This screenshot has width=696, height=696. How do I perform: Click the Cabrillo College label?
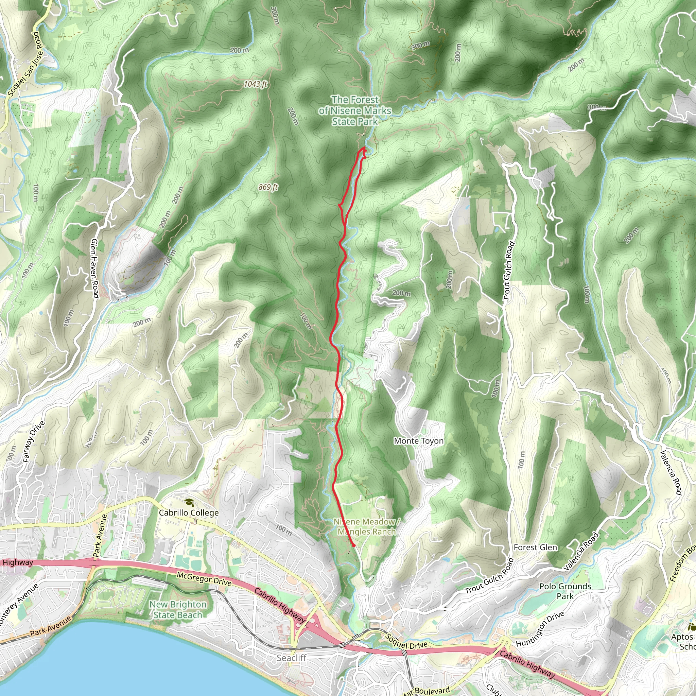coord(188,512)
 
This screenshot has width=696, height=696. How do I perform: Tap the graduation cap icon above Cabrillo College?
coord(188,503)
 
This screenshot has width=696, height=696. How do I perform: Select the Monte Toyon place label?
coord(419,441)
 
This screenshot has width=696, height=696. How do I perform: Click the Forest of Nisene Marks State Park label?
coord(355,110)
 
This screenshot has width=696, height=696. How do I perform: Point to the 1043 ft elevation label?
coord(256,84)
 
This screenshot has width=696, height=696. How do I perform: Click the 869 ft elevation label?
coord(268,187)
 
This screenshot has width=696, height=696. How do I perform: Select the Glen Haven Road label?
coord(95,268)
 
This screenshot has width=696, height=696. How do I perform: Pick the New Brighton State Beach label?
coord(178,610)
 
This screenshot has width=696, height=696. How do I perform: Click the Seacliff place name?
coord(292,658)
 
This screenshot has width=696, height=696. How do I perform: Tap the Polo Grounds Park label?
coord(565,591)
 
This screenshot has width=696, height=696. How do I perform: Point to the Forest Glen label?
coord(535,547)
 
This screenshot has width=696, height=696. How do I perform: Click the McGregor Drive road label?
coord(204,579)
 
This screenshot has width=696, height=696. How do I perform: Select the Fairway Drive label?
coord(34,442)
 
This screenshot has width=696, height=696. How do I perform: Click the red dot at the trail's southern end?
coord(354,546)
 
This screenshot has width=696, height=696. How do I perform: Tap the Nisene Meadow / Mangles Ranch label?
coord(366,527)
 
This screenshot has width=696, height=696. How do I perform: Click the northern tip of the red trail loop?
coord(364,148)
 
